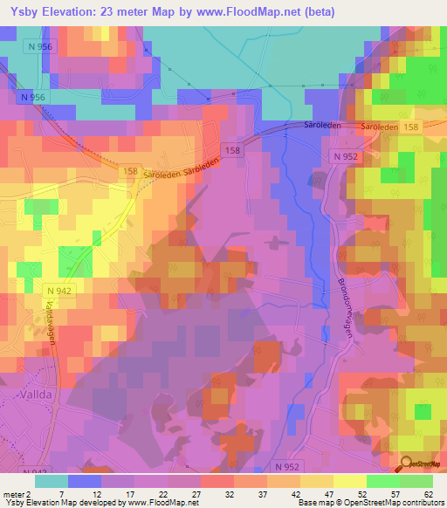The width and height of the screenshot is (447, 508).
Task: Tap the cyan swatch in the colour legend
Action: pyautogui.click(x=52, y=480)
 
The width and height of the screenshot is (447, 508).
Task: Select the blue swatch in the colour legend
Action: pyautogui.click(x=85, y=480)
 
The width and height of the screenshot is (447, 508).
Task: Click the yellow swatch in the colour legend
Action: pyautogui.click(x=349, y=480)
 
